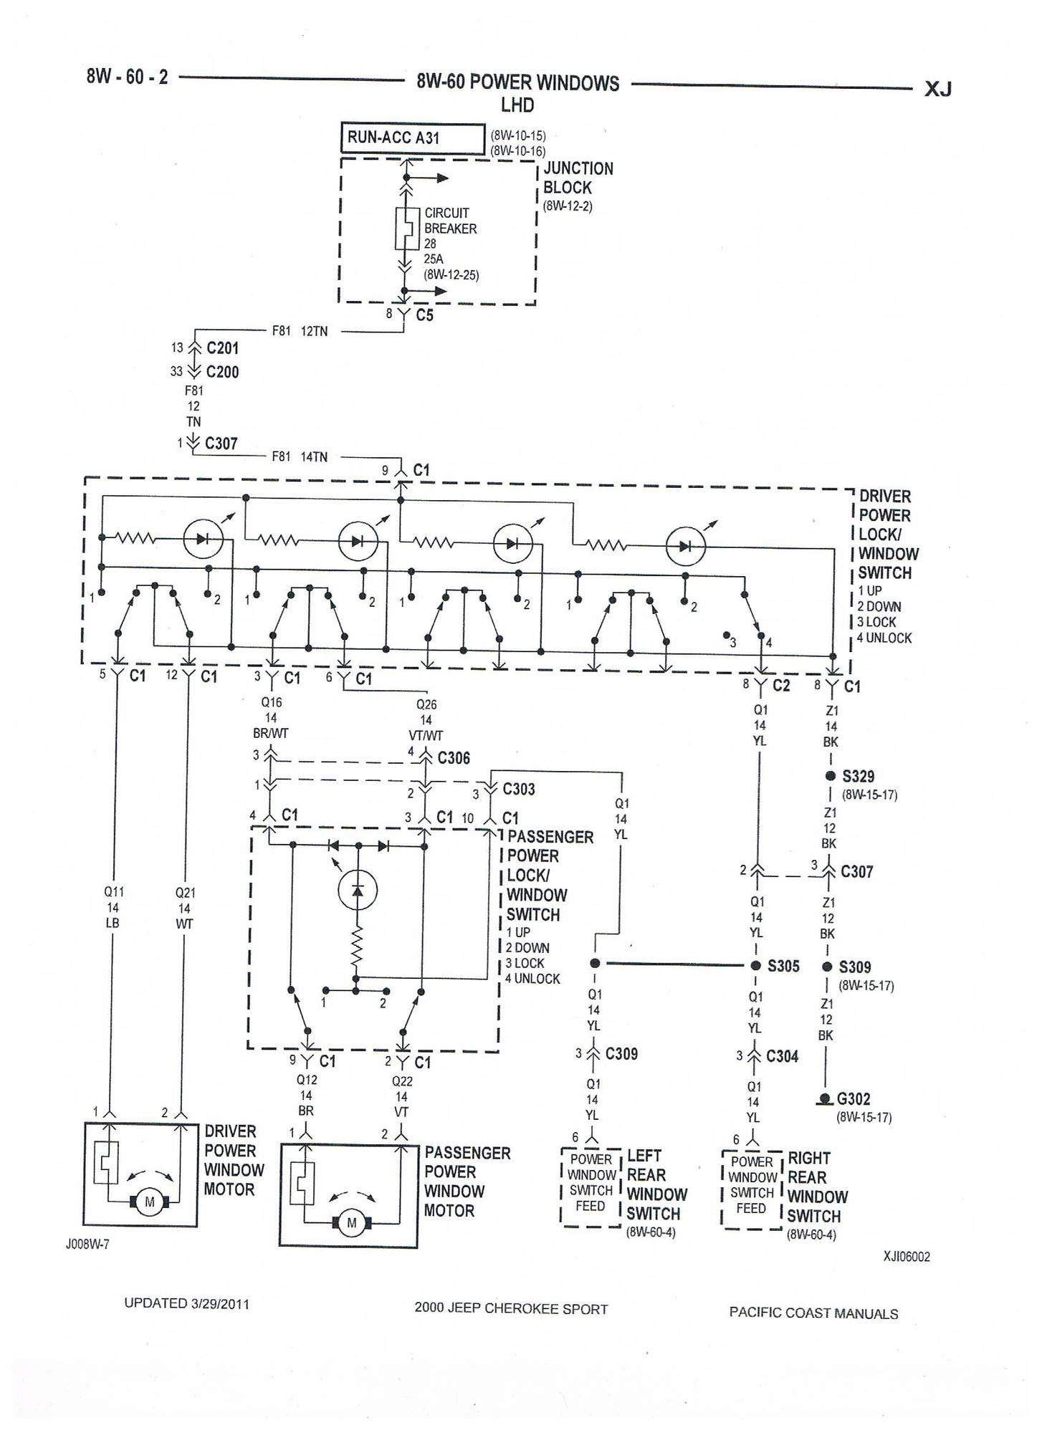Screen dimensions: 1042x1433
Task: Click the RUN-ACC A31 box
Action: [x=413, y=138]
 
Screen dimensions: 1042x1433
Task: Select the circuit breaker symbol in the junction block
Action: [x=406, y=229]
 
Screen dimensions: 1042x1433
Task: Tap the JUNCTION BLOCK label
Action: [x=578, y=178]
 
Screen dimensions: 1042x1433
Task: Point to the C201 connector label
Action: [x=222, y=348]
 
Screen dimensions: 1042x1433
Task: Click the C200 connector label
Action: [x=222, y=372]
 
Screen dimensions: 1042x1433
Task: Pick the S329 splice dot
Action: [x=831, y=776]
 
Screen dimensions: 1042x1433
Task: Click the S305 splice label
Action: [x=783, y=966]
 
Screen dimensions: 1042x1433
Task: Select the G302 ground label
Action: [x=853, y=1099]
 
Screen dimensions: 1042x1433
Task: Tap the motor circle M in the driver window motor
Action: [x=150, y=1202]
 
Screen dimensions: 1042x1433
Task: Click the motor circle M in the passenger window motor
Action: [x=351, y=1223]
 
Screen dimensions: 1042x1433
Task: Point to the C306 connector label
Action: [x=454, y=758]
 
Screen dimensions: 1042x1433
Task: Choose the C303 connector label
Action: [x=519, y=789]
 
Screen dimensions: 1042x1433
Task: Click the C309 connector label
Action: [x=621, y=1054]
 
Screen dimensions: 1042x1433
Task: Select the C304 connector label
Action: [x=782, y=1056]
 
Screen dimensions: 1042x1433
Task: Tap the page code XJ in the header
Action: [x=938, y=89]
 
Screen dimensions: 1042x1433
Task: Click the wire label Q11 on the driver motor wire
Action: [x=114, y=892]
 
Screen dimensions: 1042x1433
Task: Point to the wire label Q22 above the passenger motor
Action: [x=402, y=1081]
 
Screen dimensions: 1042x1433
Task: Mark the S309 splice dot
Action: [x=828, y=967]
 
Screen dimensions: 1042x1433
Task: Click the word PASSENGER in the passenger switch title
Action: [x=550, y=837]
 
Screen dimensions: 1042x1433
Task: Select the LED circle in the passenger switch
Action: [x=358, y=890]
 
